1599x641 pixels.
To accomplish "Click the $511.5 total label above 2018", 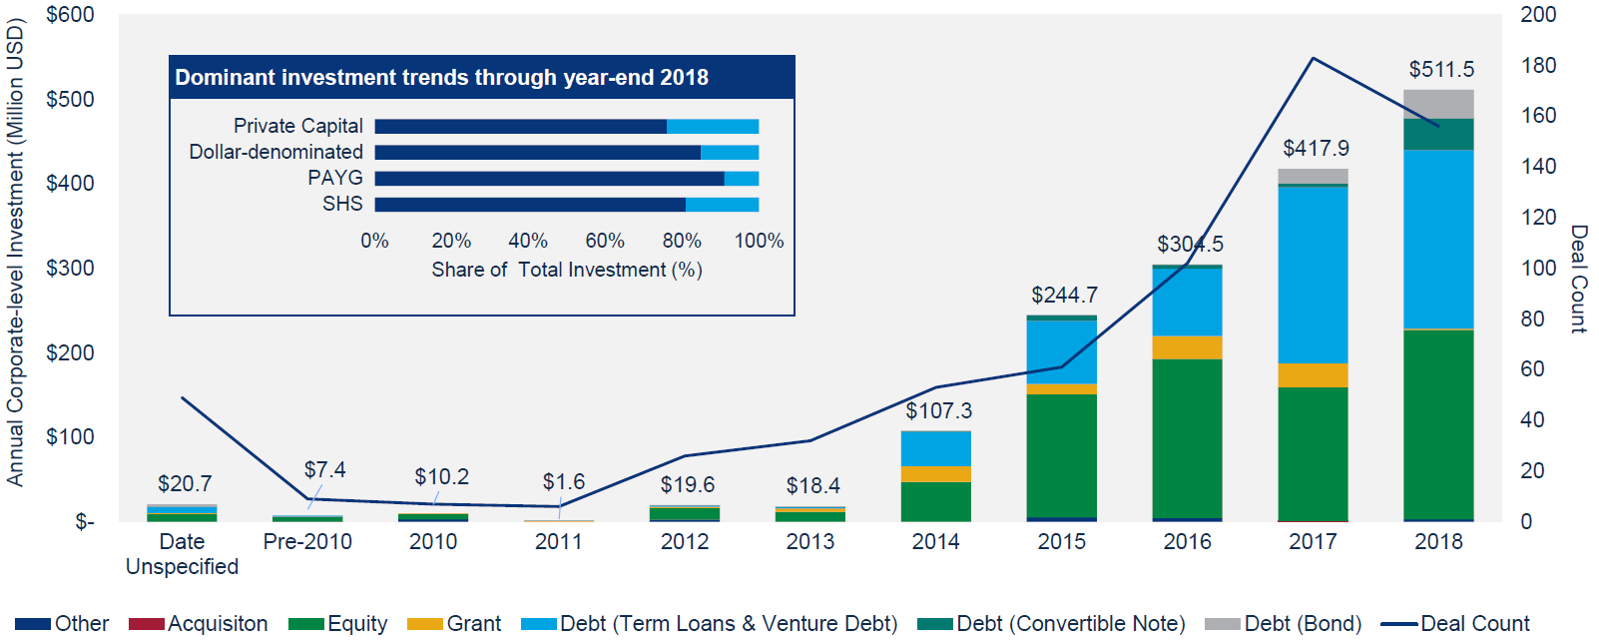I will click(1440, 69).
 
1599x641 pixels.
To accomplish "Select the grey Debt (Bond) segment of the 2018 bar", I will click(1438, 104).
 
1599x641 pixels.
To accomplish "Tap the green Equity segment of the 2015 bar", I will click(1061, 454).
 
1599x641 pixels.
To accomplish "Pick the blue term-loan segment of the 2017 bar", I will click(1313, 275).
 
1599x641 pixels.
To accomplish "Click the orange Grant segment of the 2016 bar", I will click(1187, 347).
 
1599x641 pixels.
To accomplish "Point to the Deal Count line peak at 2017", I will click(1313, 59).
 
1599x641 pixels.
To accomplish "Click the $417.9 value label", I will click(1316, 148).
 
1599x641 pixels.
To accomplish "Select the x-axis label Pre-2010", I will click(307, 541).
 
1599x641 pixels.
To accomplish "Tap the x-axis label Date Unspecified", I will click(182, 553).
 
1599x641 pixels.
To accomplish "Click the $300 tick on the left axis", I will click(70, 268).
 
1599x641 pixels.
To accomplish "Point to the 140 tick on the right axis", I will click(1537, 166).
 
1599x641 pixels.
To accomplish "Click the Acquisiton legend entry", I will click(217, 623).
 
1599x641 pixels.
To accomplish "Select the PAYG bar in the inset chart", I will click(566, 179).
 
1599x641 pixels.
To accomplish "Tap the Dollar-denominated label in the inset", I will click(275, 152).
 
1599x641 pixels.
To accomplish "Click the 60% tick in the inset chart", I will click(604, 241).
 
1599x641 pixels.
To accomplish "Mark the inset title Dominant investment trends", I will click(441, 78).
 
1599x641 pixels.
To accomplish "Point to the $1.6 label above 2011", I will click(563, 481).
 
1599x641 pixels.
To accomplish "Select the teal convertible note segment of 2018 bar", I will click(1438, 134).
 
